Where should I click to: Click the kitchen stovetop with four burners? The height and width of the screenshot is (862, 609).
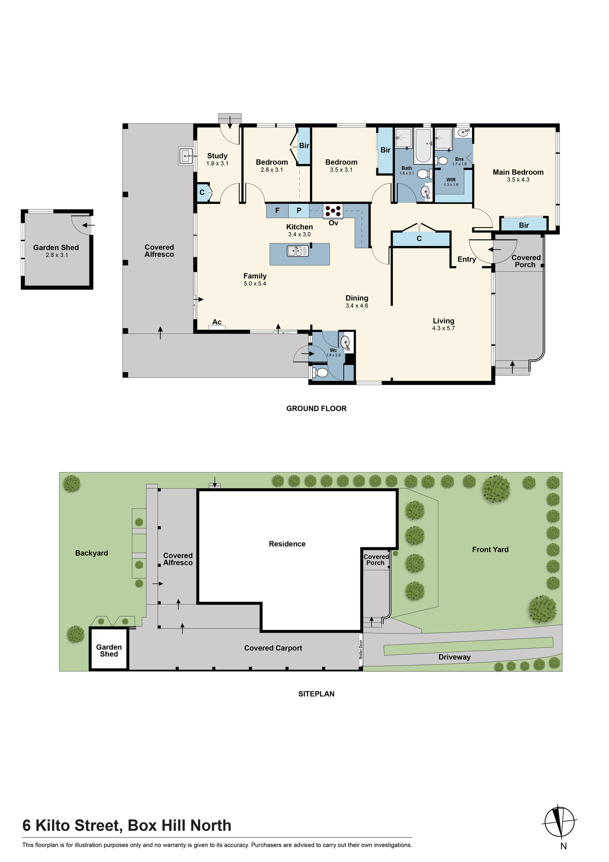pos(333,211)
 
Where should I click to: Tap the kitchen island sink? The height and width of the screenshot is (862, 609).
pos(298,250)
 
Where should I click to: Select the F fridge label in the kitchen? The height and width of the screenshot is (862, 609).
pos(277,211)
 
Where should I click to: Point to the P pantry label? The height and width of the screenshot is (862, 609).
pos(299,211)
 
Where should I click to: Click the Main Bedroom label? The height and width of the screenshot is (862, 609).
pos(518,172)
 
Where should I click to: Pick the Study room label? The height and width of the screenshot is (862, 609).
pos(217,156)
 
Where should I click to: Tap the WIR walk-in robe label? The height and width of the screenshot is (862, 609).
pos(451,180)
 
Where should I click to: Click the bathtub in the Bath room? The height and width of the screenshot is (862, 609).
pos(424,145)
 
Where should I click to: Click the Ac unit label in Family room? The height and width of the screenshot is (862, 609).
pos(217,322)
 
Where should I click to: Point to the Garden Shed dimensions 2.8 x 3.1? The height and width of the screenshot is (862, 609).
pos(57,255)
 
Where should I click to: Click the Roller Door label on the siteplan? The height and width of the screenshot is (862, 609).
pos(361,649)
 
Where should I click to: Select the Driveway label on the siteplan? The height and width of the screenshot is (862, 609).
pos(454,657)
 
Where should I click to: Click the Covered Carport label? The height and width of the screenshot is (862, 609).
pos(273,648)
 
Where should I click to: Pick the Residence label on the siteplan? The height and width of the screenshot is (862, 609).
pos(287,544)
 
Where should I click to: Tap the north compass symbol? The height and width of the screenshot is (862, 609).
pos(560,821)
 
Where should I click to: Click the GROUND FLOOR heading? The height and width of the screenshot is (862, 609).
pos(317,409)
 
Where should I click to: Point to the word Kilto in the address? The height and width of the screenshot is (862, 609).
pos(53,826)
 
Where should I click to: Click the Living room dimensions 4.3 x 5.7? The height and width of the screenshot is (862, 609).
pos(444,328)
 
